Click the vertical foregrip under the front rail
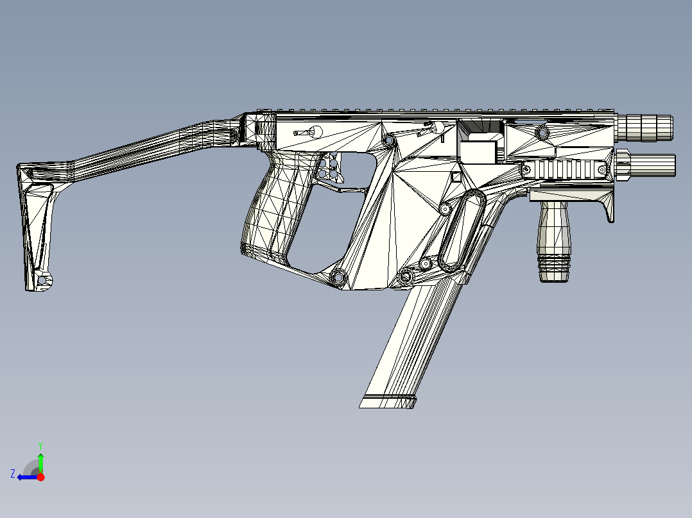554,240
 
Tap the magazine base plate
388,401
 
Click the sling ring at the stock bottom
43,280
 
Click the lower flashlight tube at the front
646,165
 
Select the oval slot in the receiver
462,231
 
